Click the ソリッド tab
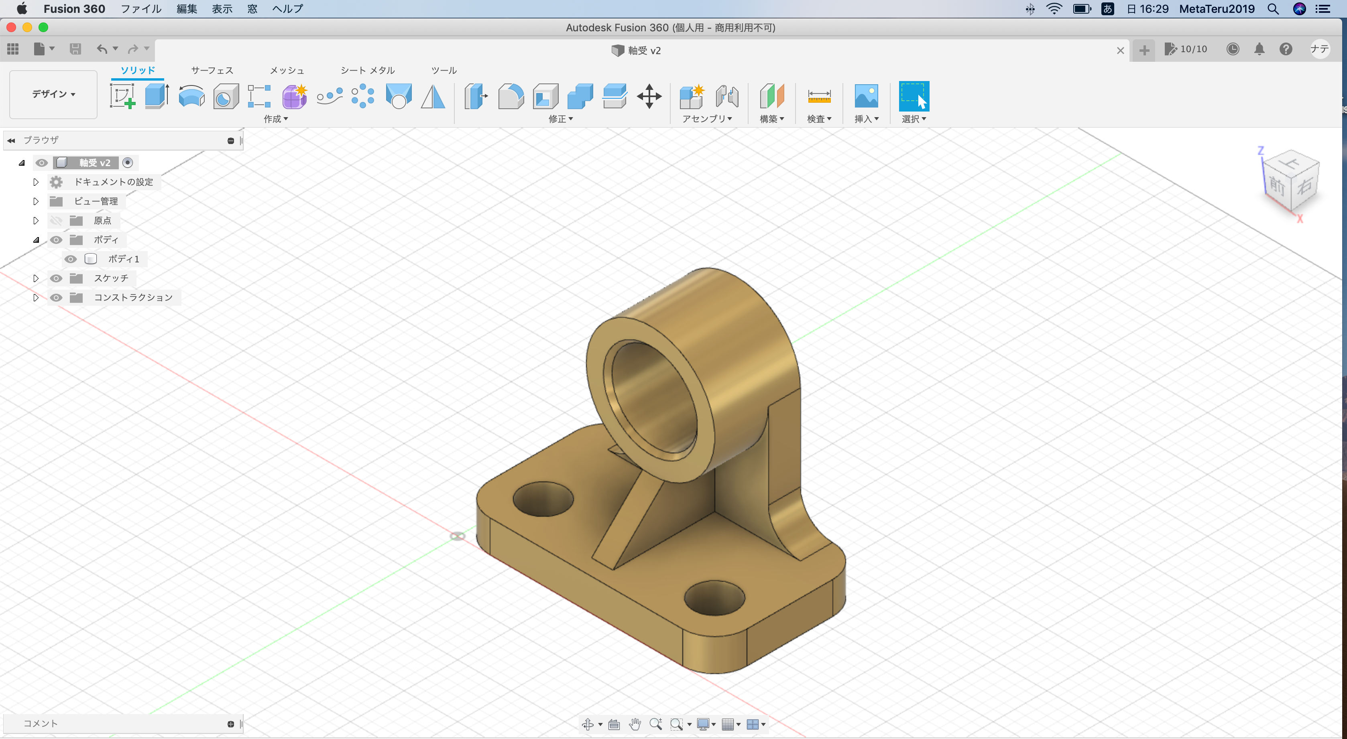[138, 70]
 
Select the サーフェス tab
[212, 70]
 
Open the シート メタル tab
[368, 70]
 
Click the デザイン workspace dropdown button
[53, 94]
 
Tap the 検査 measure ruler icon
[819, 97]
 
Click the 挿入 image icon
[866, 97]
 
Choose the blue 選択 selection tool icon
[914, 96]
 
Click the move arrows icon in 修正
[649, 97]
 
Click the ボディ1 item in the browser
[123, 259]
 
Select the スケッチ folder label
[111, 278]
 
